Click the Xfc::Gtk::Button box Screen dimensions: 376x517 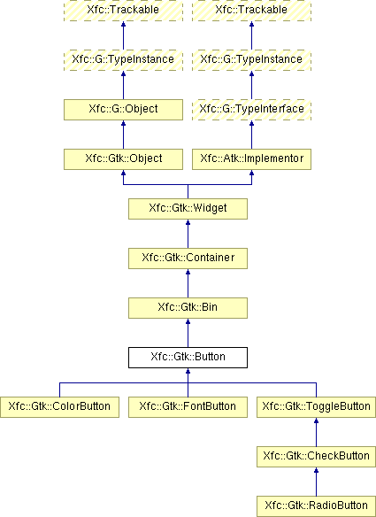188,358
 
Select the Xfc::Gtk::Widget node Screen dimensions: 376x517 188,209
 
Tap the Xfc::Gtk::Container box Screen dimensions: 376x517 188,258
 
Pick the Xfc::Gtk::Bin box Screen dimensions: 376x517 188,308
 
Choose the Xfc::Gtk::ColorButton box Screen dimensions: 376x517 59,407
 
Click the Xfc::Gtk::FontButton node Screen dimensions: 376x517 188,407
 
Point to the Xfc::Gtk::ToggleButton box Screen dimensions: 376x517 317,407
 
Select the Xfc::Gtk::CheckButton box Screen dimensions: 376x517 317,457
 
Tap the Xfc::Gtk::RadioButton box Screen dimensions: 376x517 317,506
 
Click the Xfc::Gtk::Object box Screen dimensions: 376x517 123,159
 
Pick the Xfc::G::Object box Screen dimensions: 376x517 123,110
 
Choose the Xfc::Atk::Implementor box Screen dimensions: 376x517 252,159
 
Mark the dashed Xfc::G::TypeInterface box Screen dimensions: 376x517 252,110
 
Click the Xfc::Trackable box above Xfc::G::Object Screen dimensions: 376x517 123,11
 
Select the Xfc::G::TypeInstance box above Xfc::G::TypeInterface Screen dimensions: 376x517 252,60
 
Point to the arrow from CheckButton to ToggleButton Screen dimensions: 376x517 317,432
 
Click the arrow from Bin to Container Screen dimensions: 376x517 188,283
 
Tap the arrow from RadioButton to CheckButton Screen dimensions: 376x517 317,482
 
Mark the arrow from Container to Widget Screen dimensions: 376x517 188,234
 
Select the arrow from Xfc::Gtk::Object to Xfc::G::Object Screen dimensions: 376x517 123,135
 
